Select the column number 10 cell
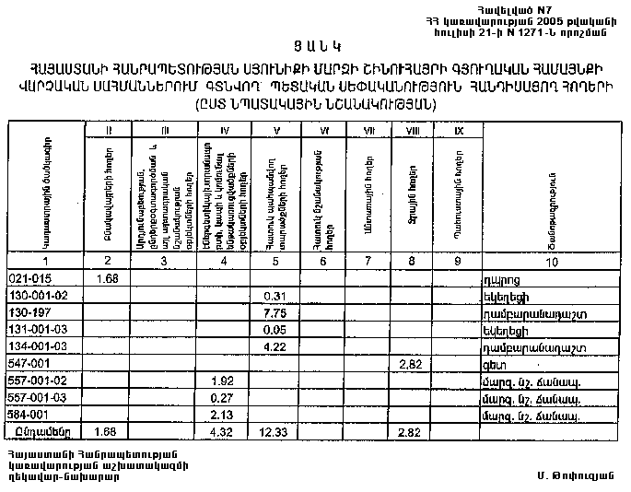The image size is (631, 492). (550, 263)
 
